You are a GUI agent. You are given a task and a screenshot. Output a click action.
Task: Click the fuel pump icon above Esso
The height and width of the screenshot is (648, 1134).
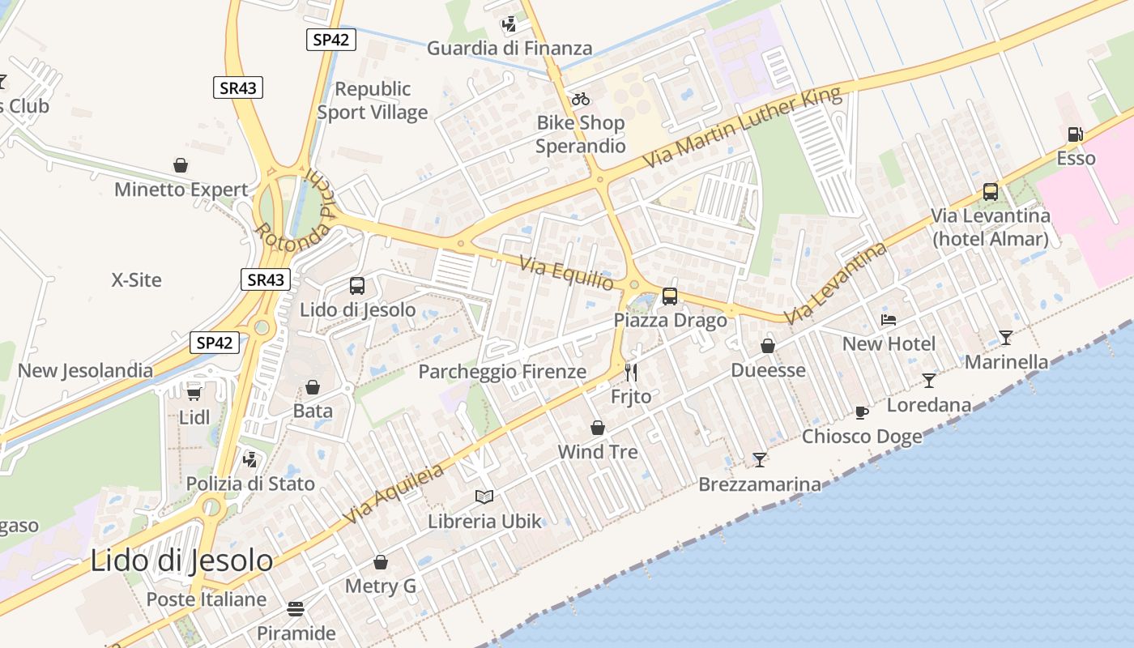[x=1075, y=134]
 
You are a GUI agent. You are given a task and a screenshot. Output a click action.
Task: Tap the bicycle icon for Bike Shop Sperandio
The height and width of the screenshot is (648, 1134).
[x=581, y=100]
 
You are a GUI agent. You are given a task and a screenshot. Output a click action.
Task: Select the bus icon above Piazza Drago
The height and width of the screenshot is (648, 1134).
[x=670, y=296]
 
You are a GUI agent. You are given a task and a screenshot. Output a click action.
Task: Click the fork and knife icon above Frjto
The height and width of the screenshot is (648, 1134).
[x=631, y=373]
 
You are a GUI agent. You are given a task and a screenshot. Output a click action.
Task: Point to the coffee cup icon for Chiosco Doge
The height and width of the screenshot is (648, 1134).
[x=862, y=413]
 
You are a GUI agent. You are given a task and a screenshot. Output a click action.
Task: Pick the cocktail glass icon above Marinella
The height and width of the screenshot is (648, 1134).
[x=1005, y=338]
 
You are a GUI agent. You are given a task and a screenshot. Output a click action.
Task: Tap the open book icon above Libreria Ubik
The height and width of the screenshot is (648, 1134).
[x=484, y=497]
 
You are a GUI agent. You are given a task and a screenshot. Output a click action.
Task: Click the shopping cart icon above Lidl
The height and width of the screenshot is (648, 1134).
[x=194, y=393]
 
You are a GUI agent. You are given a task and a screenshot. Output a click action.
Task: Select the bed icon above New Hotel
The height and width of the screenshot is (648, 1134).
[x=889, y=320]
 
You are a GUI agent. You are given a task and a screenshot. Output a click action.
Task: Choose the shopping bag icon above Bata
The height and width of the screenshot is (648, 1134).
[x=313, y=387]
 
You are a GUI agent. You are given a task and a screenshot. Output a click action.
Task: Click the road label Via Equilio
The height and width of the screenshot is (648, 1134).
[x=566, y=274]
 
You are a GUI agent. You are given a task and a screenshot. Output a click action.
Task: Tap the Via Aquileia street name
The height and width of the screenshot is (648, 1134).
[x=394, y=493]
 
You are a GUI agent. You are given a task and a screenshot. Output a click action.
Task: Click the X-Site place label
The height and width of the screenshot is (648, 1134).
[x=136, y=280]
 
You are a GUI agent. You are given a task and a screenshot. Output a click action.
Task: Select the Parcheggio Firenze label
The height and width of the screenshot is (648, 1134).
[x=502, y=372]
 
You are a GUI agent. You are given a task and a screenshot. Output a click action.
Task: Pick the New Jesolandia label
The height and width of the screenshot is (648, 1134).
[x=85, y=371]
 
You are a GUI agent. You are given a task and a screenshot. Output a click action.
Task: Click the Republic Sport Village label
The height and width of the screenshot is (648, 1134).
[x=373, y=100]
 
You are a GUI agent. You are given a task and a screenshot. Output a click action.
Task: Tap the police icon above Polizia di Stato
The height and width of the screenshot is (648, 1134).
[x=250, y=460]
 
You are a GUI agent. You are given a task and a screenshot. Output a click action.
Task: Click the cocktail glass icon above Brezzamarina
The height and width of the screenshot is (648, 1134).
[x=760, y=460]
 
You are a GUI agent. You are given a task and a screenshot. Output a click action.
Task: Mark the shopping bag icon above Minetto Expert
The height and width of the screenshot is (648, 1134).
[x=181, y=165]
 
